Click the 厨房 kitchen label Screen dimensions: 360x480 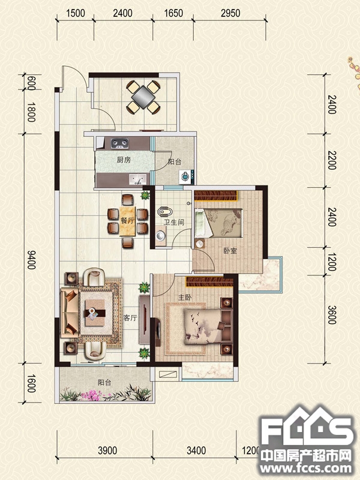pos(124,160)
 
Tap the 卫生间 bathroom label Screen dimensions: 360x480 pos(174,222)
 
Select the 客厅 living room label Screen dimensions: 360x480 pos(130,318)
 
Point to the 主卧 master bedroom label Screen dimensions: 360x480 pos(185,297)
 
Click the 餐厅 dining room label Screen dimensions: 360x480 pos(127,220)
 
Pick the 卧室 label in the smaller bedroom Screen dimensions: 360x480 pos(230,251)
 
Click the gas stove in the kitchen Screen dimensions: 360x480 pos(119,143)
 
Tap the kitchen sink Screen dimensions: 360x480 pos(137,179)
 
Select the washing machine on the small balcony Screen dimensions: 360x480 pos(185,176)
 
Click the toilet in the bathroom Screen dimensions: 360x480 pos(165,212)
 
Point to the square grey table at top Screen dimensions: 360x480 pos(143,97)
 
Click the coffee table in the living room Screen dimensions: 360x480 pos(95,313)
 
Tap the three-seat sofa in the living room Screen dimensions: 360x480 pos(69,312)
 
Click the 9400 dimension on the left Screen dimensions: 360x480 pos(31,260)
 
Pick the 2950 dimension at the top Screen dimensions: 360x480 pos(230,13)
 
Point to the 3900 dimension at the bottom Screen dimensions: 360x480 pos(107,451)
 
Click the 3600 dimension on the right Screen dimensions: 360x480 pos(332,315)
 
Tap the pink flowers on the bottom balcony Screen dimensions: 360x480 pos(92,395)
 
